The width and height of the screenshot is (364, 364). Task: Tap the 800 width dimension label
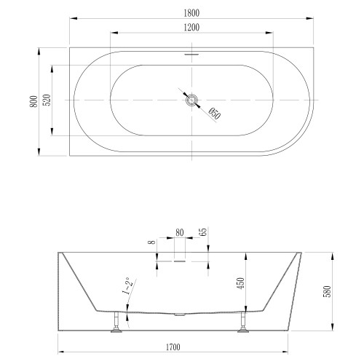tap(32, 101)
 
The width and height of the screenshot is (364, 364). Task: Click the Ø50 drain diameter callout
tap(214, 114)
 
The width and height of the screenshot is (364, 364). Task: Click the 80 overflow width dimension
tap(180, 234)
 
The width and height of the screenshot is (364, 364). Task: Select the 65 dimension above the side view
tap(203, 234)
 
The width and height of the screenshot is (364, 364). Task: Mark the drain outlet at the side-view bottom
tap(180, 314)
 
